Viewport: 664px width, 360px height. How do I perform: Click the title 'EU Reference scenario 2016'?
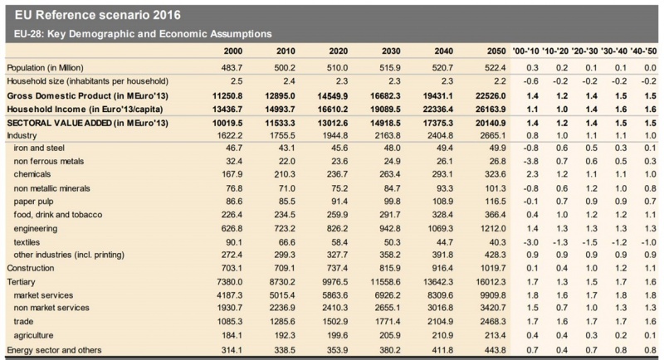(98, 15)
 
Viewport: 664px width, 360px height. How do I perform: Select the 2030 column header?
(391, 51)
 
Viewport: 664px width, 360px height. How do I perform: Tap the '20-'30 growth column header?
(584, 51)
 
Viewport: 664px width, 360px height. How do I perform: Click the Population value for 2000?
(232, 68)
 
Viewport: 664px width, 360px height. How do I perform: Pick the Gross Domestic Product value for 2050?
(491, 96)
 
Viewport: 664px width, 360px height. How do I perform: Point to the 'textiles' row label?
(27, 242)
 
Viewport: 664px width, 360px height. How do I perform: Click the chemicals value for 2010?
(285, 174)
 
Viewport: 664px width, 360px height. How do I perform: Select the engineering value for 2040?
(441, 228)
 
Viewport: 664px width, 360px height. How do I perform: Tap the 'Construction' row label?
(31, 268)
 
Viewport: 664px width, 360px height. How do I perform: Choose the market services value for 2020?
(335, 295)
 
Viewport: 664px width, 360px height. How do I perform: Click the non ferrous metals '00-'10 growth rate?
(531, 161)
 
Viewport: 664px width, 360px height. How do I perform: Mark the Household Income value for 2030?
(385, 109)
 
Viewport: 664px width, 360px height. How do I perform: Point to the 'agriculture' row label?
(33, 335)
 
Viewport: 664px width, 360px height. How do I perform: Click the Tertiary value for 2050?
(491, 282)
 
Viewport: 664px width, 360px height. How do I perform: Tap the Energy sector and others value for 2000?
(232, 350)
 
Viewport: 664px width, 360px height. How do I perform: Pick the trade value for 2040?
(441, 322)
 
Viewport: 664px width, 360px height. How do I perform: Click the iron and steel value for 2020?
(339, 148)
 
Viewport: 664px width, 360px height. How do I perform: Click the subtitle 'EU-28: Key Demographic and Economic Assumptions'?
(143, 34)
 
